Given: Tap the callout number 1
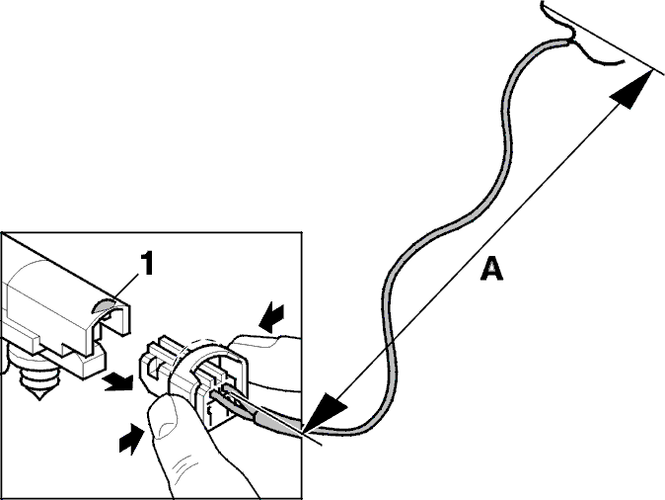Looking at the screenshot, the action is [146, 263].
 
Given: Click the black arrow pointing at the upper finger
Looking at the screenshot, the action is [272, 318].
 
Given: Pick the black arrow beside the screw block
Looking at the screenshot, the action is [117, 381].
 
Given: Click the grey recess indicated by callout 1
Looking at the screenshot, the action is [105, 304].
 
